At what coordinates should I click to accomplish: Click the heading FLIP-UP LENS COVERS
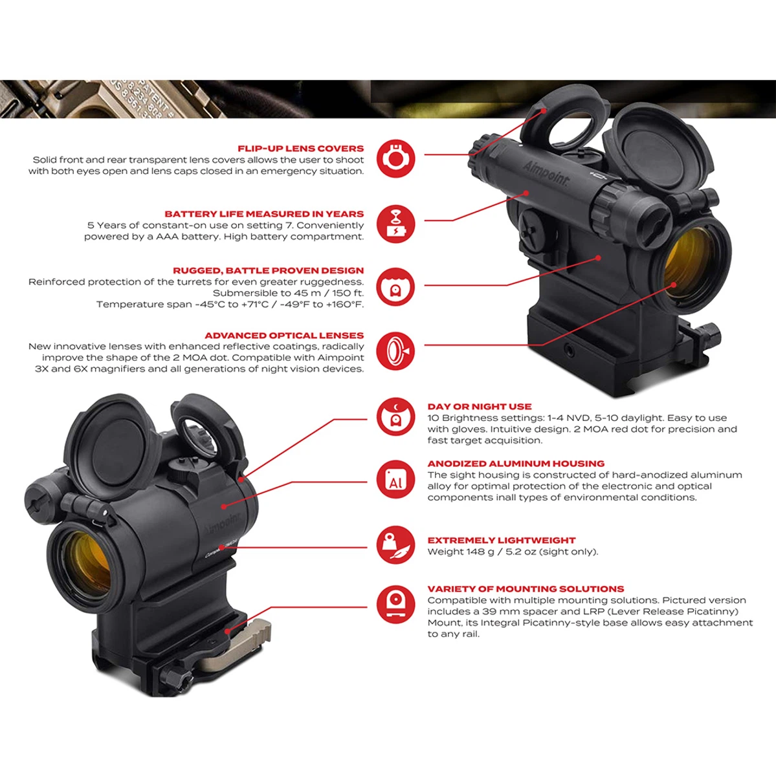301,149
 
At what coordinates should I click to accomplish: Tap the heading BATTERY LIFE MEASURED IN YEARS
264,214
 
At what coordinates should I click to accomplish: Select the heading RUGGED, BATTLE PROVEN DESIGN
268,270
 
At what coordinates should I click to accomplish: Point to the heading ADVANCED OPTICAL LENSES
284,336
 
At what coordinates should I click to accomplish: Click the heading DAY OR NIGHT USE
480,407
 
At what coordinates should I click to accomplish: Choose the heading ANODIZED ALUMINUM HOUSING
516,464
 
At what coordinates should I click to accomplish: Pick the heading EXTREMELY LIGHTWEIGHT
502,541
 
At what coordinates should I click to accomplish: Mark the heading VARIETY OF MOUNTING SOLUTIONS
526,589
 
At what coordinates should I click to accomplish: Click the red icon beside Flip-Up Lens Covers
395,158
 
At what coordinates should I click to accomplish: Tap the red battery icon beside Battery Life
395,224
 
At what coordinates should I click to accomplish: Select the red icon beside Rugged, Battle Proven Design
395,286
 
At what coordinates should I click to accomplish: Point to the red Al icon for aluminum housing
395,479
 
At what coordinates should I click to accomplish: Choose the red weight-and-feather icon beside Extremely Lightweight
395,544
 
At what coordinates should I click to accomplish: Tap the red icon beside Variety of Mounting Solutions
395,604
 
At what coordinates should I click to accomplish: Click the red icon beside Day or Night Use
395,417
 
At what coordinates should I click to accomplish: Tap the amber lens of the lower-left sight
82,560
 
